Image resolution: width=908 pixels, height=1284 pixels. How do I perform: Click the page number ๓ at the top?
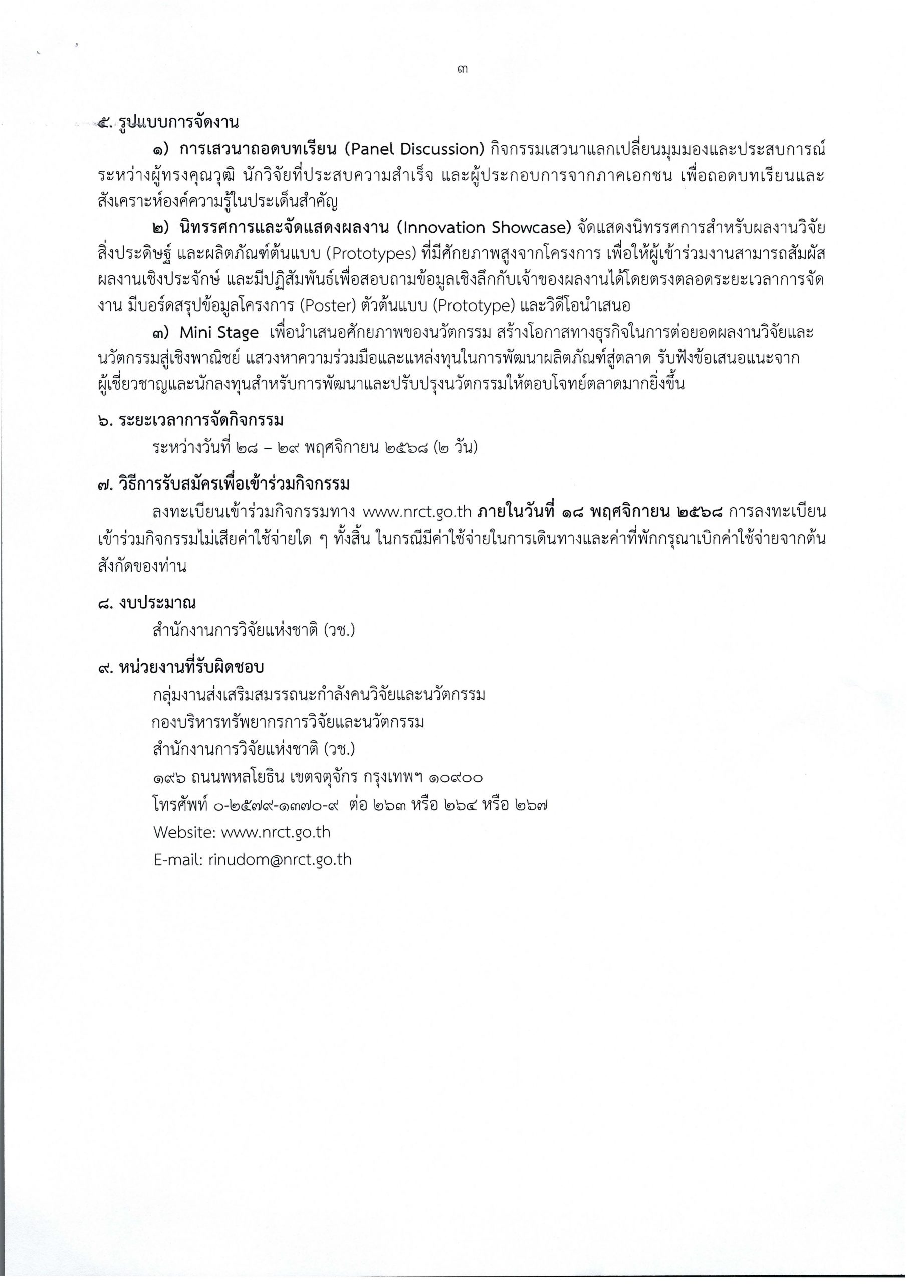click(462, 70)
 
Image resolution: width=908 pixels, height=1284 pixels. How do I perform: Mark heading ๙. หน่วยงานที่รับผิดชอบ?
click(180, 668)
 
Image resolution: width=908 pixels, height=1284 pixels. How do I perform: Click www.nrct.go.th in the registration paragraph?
click(418, 513)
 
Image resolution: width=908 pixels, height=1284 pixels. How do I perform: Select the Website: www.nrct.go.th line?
click(242, 833)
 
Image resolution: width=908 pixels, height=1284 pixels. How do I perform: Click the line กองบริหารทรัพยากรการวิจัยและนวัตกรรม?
click(288, 723)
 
